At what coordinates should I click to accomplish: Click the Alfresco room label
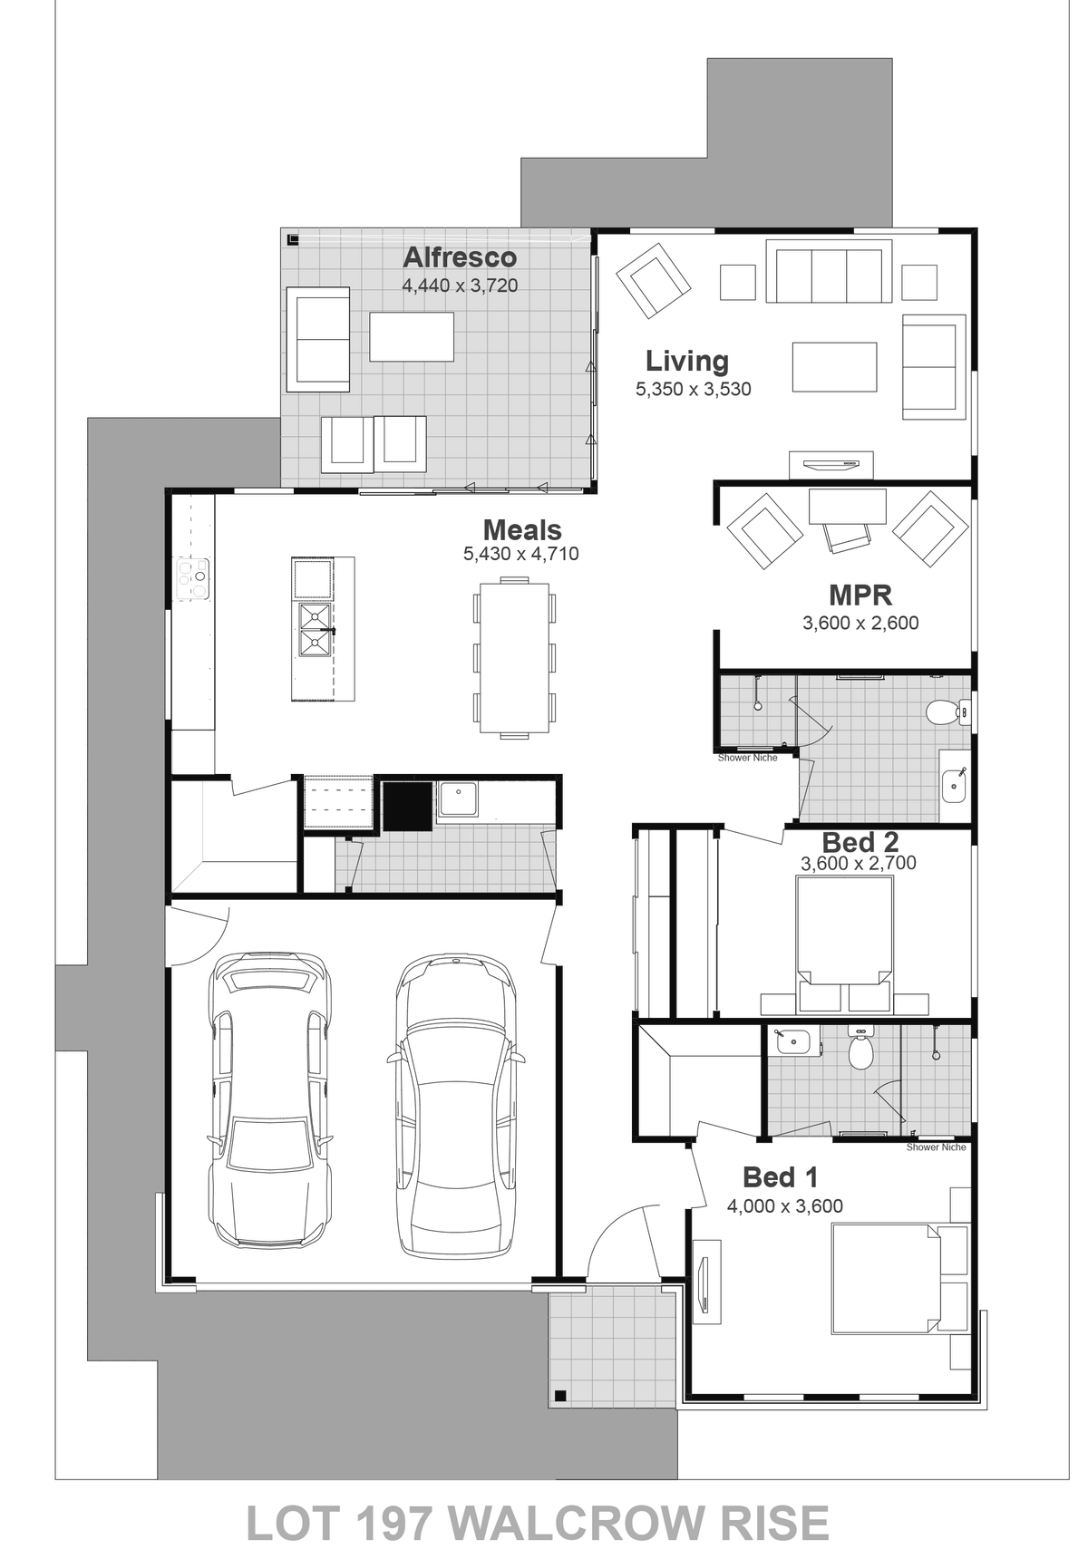(x=460, y=257)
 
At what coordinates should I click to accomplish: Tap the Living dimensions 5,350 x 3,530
(x=694, y=390)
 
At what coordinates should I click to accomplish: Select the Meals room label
(x=522, y=530)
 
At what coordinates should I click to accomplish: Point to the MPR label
(x=860, y=595)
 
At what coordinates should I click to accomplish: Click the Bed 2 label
(x=860, y=842)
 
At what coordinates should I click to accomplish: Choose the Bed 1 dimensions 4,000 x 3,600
(x=785, y=1206)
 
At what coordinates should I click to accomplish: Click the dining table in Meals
(x=515, y=656)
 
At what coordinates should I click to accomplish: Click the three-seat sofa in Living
(x=825, y=270)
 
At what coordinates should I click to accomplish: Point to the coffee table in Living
(x=835, y=366)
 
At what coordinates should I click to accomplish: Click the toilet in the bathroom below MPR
(x=944, y=711)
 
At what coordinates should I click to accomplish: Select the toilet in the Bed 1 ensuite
(x=860, y=1050)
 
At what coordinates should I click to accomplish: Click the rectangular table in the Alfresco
(x=412, y=336)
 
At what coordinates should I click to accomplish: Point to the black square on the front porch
(x=560, y=1395)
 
